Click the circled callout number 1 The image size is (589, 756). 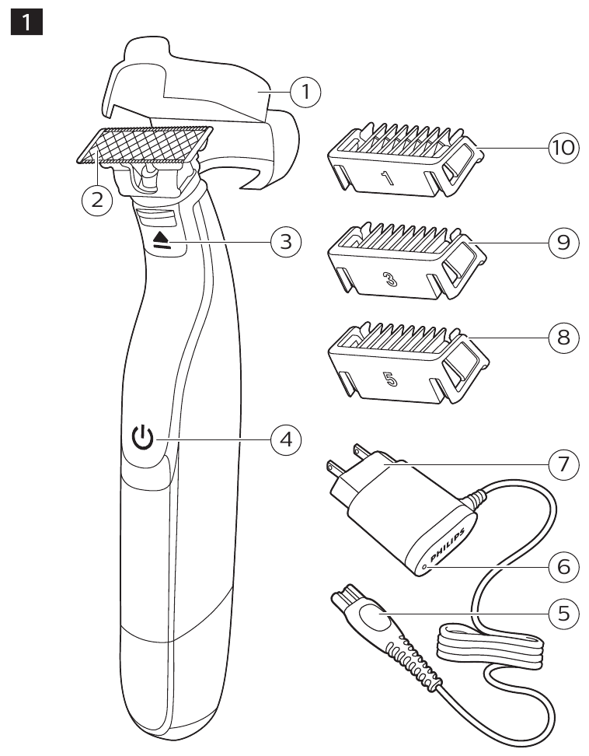pyautogui.click(x=305, y=93)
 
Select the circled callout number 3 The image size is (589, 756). pyautogui.click(x=286, y=241)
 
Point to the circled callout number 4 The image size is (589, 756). pyautogui.click(x=286, y=440)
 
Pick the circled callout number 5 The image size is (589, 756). pyautogui.click(x=563, y=613)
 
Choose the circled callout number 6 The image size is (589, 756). pyautogui.click(x=563, y=565)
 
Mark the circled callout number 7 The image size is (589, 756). pyautogui.click(x=563, y=464)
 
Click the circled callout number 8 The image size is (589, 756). pyautogui.click(x=563, y=338)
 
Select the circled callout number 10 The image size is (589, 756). pyautogui.click(x=563, y=149)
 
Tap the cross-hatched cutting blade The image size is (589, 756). pyautogui.click(x=145, y=145)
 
